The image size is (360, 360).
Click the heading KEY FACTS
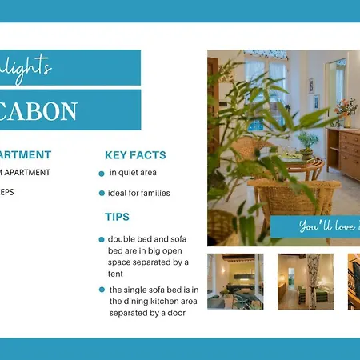(135, 155)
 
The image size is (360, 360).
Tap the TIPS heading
(117, 217)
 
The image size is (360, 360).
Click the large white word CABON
(39, 110)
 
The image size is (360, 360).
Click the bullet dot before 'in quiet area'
(102, 174)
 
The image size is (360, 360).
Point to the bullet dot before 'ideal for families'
(102, 194)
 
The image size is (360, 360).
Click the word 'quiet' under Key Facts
(129, 173)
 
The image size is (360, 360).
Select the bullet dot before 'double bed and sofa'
(102, 239)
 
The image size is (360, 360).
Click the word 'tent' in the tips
(117, 273)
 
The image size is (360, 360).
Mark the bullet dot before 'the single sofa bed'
(102, 290)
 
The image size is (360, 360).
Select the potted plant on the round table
(306, 142)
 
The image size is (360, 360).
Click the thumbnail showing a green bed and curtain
(305, 281)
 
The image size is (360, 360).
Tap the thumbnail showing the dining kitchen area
(234, 281)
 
